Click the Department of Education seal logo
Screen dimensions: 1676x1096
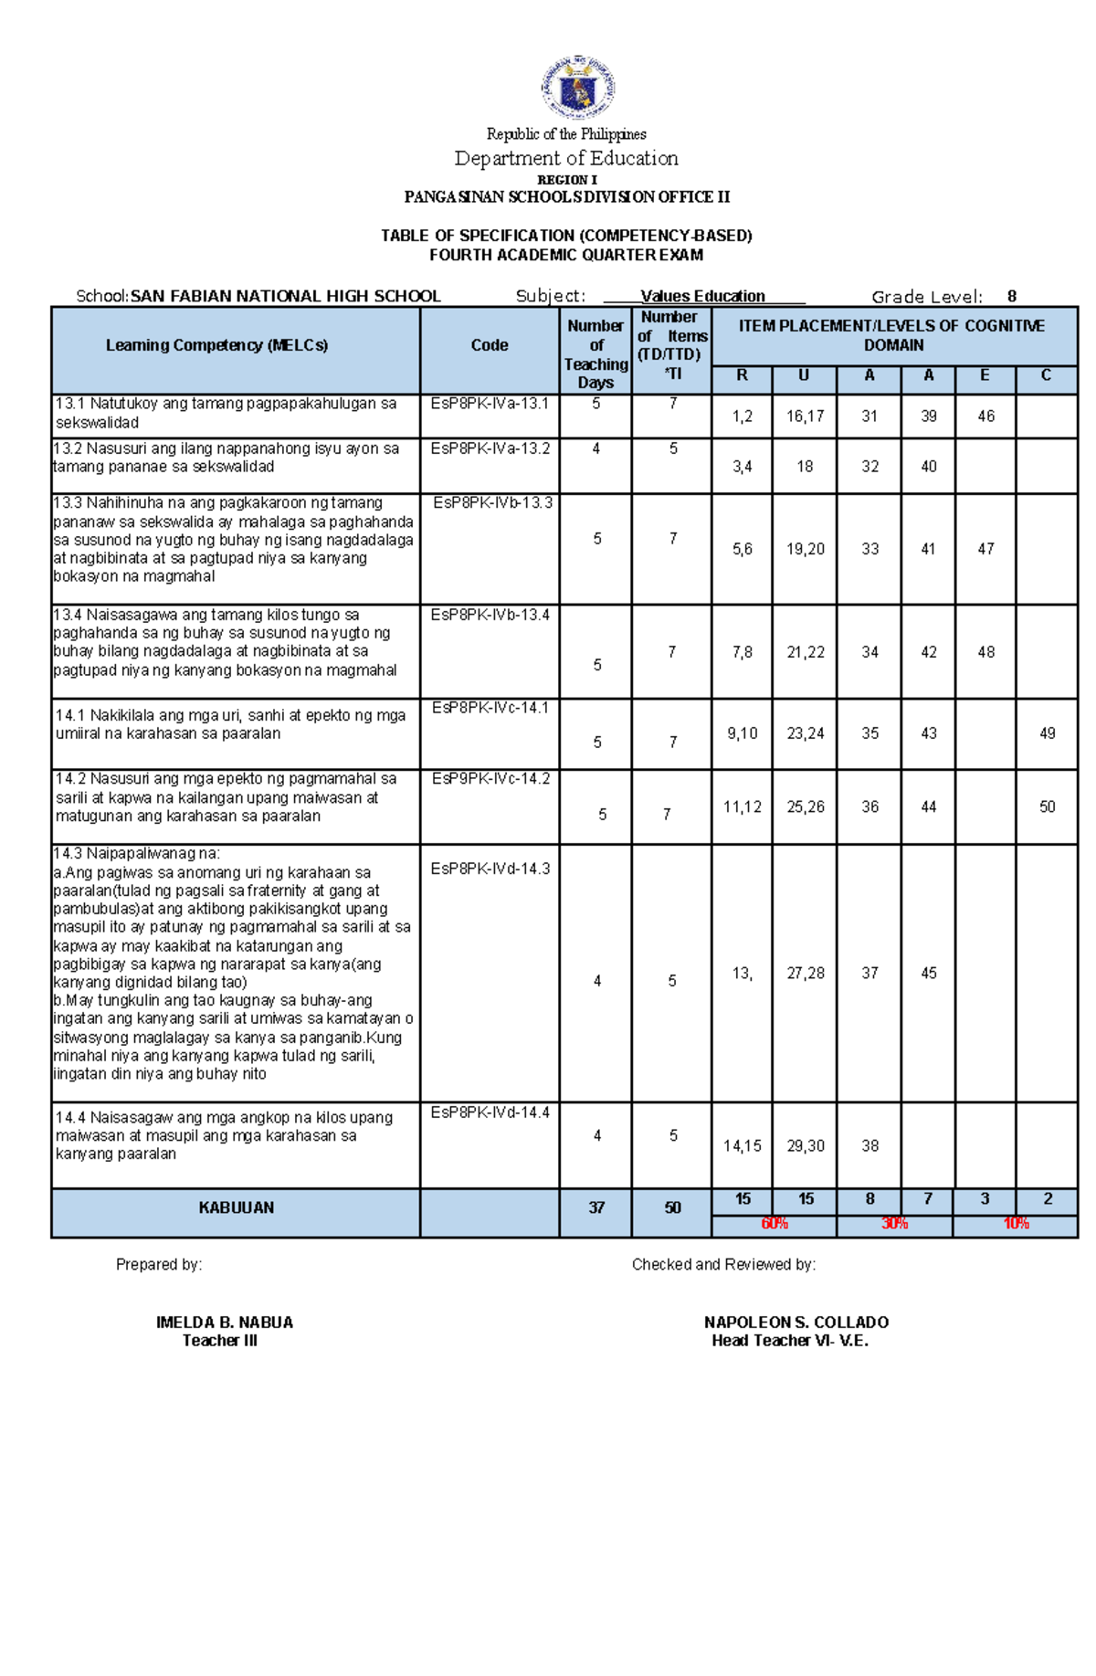pos(576,88)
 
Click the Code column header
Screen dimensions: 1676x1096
pos(490,345)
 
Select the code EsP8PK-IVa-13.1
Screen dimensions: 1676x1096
pos(490,404)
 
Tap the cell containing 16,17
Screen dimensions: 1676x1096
pos(805,416)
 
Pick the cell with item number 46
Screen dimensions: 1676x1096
pos(985,416)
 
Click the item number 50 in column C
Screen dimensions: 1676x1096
pos(1047,806)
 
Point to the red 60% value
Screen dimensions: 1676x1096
pos(775,1223)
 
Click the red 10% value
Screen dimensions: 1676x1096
pos(1016,1223)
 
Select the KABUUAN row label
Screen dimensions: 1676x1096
pos(236,1207)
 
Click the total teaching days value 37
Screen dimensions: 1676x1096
pos(596,1207)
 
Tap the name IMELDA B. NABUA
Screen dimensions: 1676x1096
pos(225,1322)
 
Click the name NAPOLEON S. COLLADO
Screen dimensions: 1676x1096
pos(796,1322)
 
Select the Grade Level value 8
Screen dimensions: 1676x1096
pos(1012,296)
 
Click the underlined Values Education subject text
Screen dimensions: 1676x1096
pos(702,296)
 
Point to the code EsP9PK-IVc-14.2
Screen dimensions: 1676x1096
pos(490,779)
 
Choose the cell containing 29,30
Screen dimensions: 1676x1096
pos(805,1145)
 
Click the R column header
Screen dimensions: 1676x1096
pos(742,375)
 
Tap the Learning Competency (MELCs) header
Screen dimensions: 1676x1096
pos(216,345)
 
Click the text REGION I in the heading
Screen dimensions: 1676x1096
pos(566,180)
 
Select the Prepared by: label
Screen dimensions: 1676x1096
pos(159,1264)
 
